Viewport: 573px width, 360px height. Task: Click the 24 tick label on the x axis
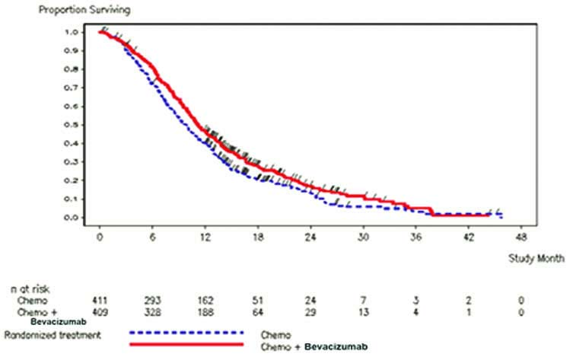310,237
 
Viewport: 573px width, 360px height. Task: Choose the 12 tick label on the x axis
205,237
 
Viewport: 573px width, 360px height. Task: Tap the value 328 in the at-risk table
153,312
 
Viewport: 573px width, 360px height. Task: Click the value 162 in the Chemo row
205,301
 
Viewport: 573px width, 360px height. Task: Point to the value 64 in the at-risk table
257,312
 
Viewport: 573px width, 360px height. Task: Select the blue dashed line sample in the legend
187,333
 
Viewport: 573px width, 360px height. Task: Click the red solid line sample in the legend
187,344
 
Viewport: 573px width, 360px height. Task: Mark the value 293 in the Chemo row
153,301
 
